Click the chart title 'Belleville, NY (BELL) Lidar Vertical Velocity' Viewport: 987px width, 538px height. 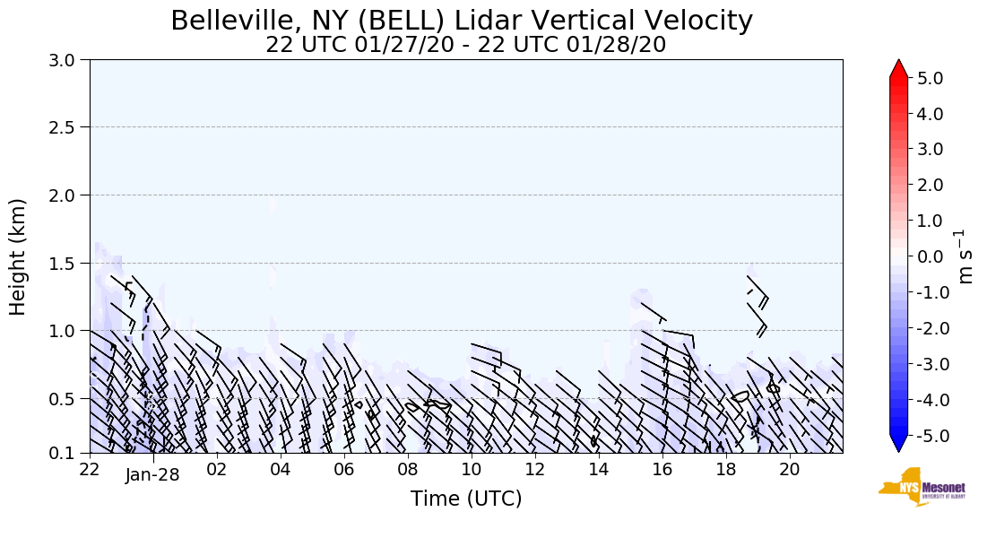462,21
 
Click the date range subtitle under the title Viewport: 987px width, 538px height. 465,45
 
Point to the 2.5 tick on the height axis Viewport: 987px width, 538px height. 68,127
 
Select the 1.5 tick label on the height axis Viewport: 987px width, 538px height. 68,263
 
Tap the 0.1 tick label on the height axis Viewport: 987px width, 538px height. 68,453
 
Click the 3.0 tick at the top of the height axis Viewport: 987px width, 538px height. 68,59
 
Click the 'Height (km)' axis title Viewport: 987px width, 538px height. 18,256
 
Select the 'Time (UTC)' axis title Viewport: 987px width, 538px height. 466,499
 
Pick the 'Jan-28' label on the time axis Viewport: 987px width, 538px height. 152,475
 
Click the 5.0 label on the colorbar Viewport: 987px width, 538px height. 930,78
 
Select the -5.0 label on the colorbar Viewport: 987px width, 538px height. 927,435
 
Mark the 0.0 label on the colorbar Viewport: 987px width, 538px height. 930,256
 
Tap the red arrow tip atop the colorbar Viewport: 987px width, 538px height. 899,68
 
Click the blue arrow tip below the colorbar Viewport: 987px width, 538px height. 899,444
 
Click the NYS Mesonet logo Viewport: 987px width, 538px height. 921,487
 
